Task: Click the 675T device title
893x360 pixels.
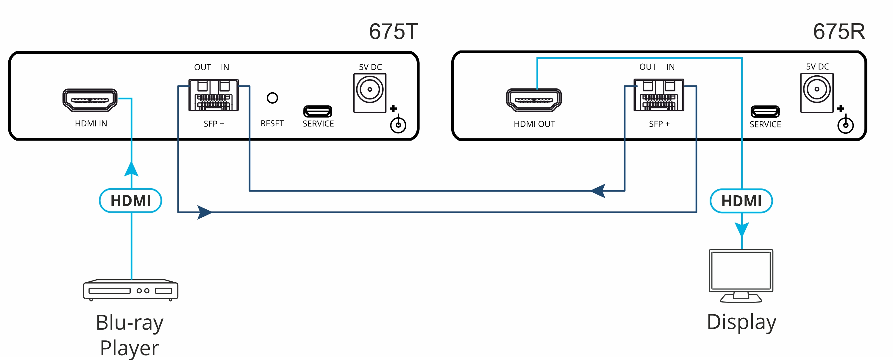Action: (394, 32)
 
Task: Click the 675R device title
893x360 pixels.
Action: (839, 32)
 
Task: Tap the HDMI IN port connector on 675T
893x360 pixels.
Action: (90, 100)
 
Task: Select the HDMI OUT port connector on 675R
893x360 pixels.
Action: (533, 100)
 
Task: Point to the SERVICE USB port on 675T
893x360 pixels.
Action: (318, 111)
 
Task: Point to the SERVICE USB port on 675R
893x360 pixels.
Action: (765, 112)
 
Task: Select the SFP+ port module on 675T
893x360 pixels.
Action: (213, 95)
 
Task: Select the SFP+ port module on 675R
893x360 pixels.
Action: (659, 95)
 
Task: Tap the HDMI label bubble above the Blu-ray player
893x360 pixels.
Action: (130, 200)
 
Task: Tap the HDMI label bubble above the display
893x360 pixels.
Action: (741, 201)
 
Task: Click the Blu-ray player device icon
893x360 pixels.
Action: (130, 290)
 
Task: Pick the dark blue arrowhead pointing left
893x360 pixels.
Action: (598, 191)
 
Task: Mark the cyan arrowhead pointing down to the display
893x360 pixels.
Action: (741, 229)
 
